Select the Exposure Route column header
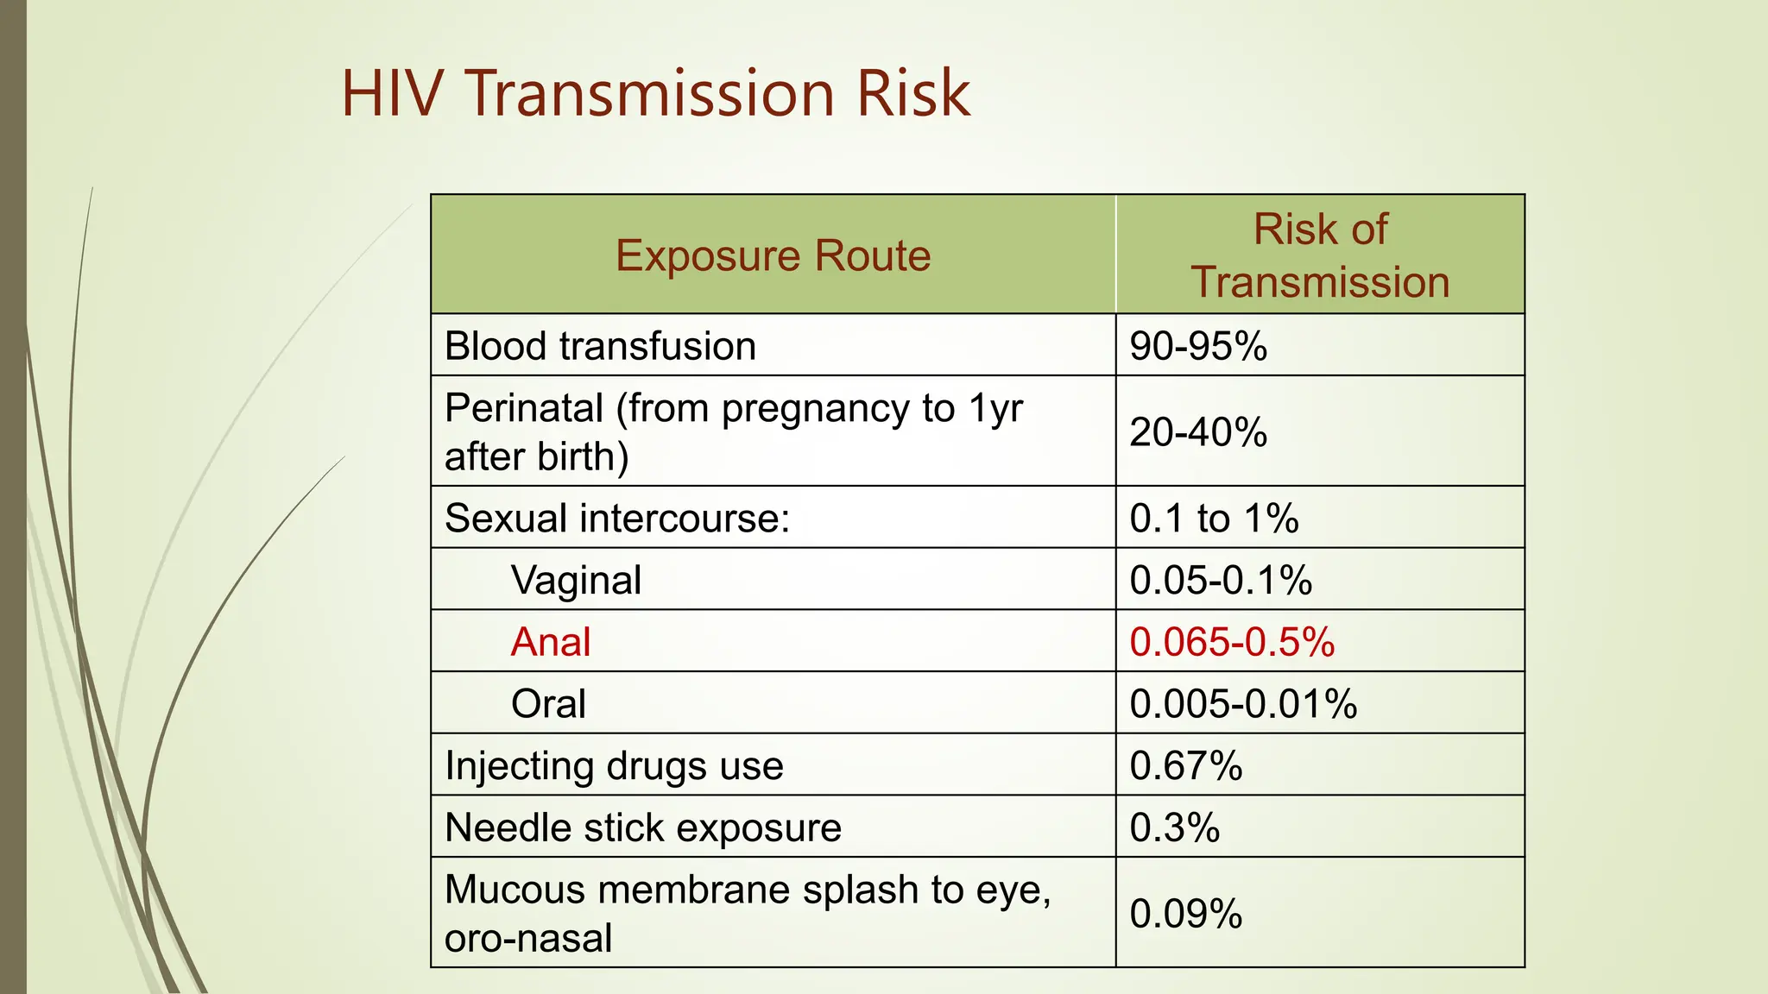(773, 255)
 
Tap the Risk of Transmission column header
(1320, 255)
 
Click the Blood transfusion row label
(600, 346)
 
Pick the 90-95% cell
(1198, 346)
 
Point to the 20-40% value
(1198, 431)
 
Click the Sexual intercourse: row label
(617, 519)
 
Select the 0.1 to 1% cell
(1214, 519)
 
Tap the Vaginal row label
(576, 580)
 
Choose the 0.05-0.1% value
(1221, 580)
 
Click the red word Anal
(551, 642)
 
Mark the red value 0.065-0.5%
(1232, 642)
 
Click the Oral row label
(548, 703)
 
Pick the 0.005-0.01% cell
(1243, 703)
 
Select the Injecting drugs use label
(614, 765)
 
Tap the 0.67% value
(1186, 765)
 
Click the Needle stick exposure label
(643, 827)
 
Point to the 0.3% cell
(1175, 827)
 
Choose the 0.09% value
(1186, 913)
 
